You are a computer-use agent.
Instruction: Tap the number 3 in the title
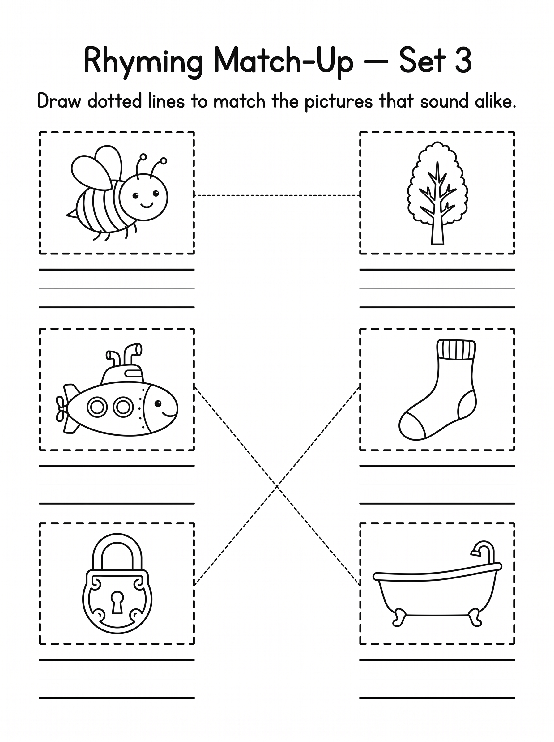click(463, 60)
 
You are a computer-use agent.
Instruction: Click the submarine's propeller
click(61, 408)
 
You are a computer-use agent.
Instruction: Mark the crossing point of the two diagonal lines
click(277, 485)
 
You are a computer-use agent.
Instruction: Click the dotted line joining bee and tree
click(277, 195)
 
